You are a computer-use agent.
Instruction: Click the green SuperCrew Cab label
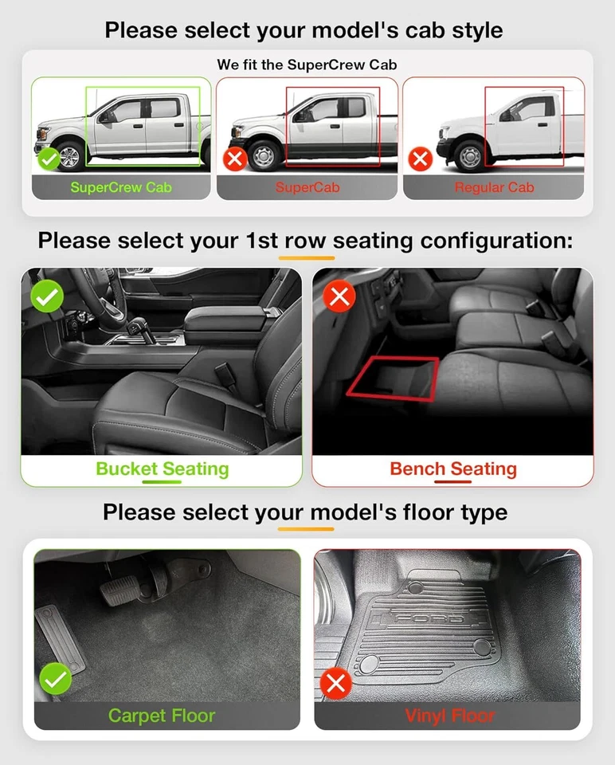click(120, 188)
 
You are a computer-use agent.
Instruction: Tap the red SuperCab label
click(307, 188)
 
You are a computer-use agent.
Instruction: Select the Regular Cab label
click(494, 188)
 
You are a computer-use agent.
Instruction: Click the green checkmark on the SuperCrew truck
click(49, 159)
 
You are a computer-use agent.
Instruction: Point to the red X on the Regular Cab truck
click(420, 159)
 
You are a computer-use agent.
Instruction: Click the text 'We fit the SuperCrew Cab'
click(307, 65)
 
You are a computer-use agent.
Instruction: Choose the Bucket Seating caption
click(162, 469)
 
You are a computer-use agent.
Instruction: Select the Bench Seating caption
click(452, 469)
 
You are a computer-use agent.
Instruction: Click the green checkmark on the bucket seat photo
click(47, 297)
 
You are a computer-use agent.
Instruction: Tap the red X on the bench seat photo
click(339, 297)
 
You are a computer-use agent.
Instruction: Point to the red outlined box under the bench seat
click(393, 377)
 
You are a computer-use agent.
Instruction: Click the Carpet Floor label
click(162, 716)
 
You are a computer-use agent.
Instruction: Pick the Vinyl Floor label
click(449, 716)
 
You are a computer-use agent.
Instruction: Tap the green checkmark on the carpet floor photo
click(56, 679)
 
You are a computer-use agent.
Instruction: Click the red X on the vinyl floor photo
click(335, 683)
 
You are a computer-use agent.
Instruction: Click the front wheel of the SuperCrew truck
click(70, 155)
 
